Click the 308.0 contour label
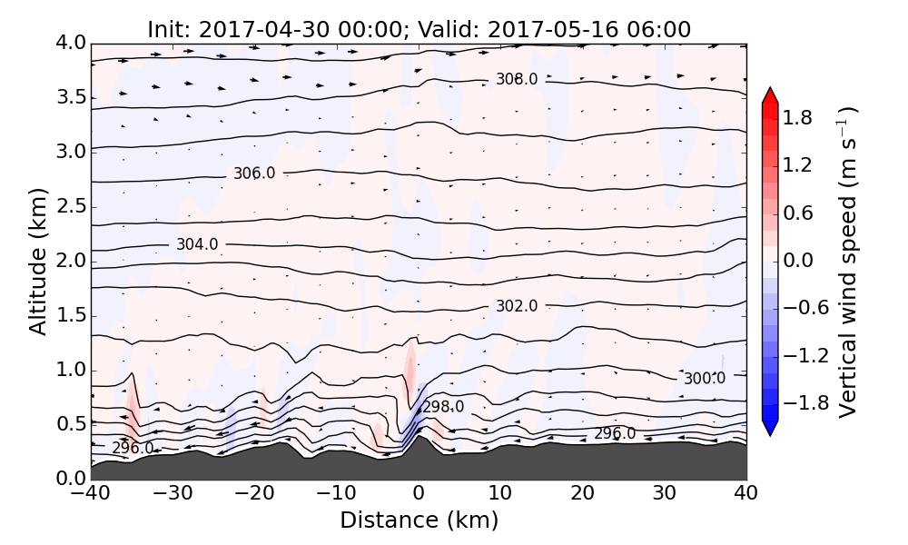517,79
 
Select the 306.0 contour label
254,173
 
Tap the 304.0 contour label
197,244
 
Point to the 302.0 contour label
517,306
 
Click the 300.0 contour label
705,378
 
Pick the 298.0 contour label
443,407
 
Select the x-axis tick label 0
419,495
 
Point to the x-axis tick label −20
254,495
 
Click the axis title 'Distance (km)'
419,520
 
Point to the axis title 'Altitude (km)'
38,261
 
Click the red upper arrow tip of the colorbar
769,92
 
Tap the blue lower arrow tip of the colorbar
769,431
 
